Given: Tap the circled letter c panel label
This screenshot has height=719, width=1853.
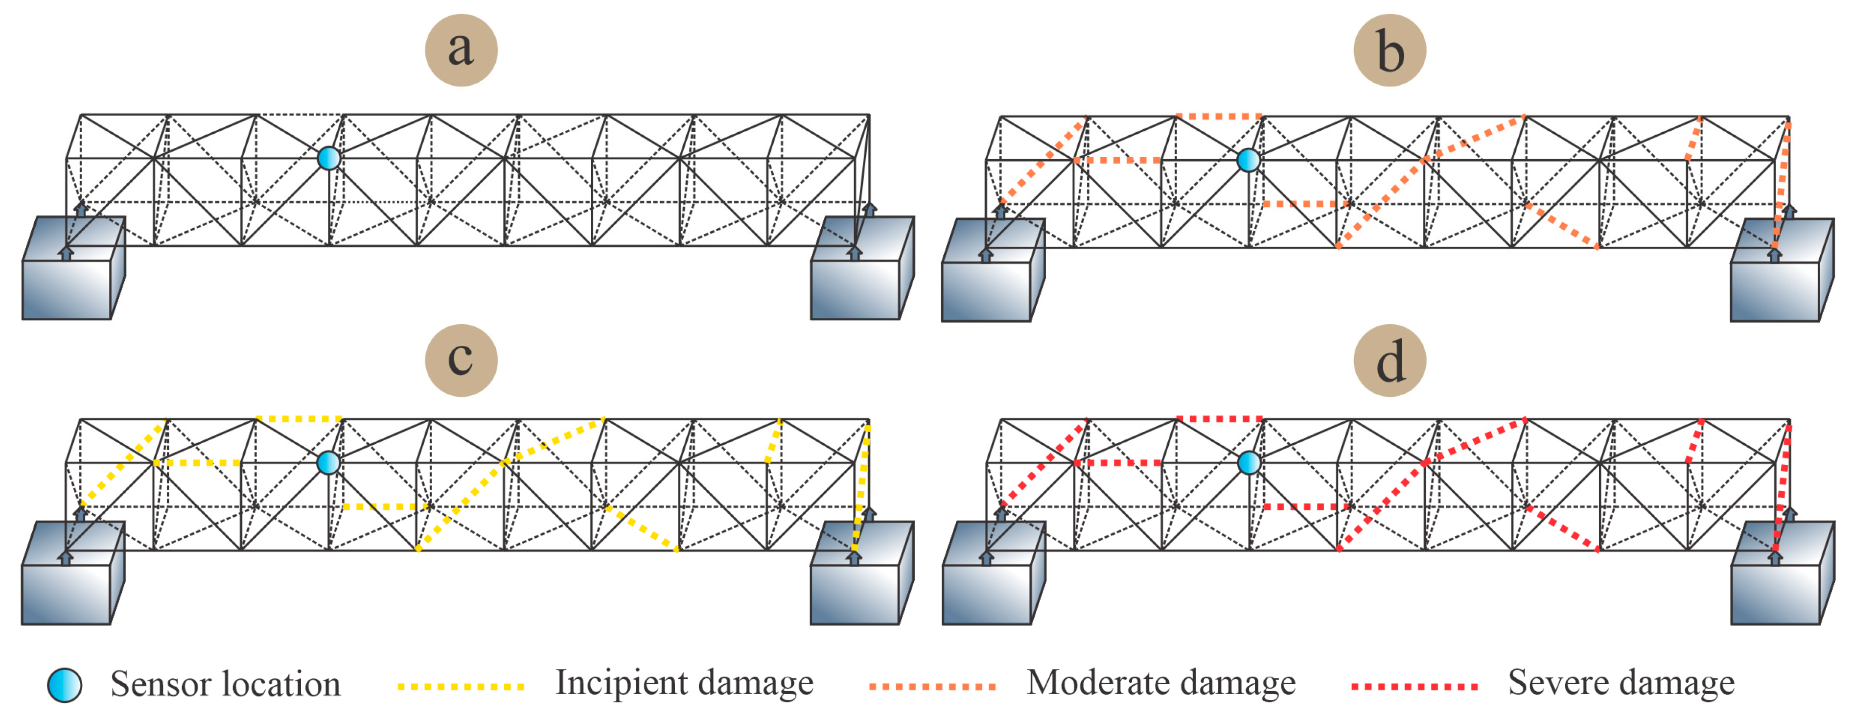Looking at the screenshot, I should [461, 360].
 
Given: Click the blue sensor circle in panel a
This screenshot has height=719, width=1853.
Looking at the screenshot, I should [329, 158].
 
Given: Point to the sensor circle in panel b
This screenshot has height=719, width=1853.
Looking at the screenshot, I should [1248, 160].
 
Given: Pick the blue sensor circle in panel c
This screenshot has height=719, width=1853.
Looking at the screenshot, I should [329, 462].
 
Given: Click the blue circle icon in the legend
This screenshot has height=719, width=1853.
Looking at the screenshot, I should [65, 684].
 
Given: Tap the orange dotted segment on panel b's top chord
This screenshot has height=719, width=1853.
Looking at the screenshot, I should [1219, 116].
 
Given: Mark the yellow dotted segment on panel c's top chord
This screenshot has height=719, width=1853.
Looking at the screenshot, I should [299, 419].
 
